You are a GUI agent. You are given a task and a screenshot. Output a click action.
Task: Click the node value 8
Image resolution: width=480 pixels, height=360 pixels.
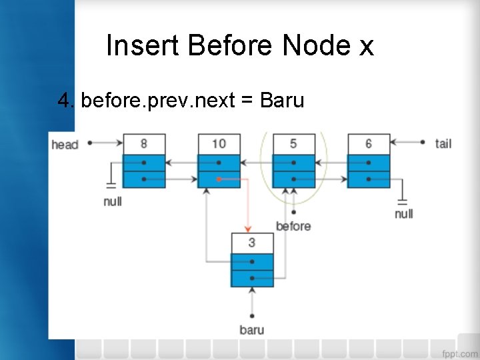click(x=144, y=143)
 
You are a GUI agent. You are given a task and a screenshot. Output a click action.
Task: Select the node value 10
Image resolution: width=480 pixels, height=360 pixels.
click(x=219, y=143)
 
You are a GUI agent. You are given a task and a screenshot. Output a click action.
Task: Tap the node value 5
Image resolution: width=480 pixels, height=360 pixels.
click(x=293, y=143)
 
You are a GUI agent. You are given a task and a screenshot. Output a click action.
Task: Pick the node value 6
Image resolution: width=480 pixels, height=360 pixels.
click(x=368, y=143)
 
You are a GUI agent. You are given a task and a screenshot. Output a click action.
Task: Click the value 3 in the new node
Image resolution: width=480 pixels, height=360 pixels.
click(x=251, y=243)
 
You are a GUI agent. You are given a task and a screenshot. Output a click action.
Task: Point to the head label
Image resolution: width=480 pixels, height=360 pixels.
click(x=65, y=144)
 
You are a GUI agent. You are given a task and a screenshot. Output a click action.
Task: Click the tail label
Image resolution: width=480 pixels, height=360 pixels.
click(x=443, y=143)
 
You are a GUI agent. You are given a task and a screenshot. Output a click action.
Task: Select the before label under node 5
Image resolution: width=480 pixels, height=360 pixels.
click(x=293, y=226)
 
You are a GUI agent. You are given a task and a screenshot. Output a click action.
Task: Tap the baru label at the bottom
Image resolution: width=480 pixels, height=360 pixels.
click(x=251, y=329)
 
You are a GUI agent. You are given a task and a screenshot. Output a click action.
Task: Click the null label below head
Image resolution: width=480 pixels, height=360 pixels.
click(x=113, y=201)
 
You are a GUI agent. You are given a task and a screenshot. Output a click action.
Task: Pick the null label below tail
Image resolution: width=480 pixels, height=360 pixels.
click(x=403, y=213)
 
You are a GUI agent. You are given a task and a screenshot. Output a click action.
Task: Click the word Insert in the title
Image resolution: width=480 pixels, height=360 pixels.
click(x=143, y=46)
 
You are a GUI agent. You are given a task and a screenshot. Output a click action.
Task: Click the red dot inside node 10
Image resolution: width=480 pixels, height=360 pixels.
click(x=219, y=179)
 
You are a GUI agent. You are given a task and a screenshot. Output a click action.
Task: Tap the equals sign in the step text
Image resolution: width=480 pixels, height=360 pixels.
click(x=247, y=101)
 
